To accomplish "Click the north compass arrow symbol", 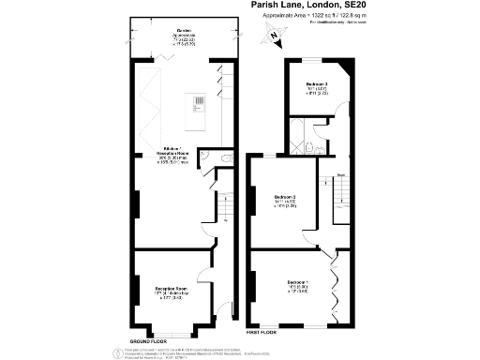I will point(274,37).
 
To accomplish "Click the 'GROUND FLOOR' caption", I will point(148,339).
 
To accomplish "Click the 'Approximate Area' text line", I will point(310,16).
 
